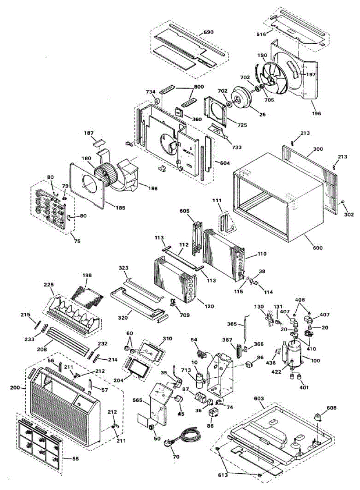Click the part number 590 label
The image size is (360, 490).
coord(209,32)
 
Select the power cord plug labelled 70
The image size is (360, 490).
coord(170,444)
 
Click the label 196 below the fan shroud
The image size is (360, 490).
coord(316,113)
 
